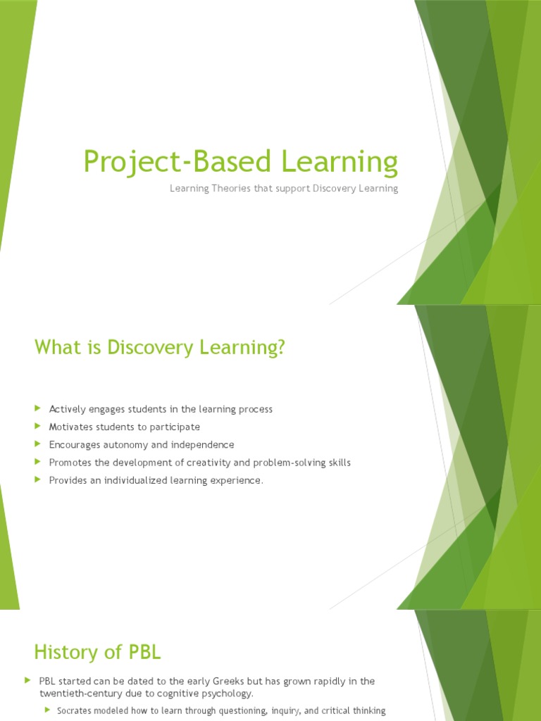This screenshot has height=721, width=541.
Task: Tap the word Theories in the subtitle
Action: click(228, 189)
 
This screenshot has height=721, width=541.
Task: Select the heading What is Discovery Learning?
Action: click(161, 348)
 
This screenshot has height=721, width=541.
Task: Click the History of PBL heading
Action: click(98, 652)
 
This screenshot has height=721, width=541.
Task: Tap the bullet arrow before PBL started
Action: click(27, 680)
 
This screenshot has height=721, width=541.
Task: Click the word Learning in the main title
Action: click(341, 162)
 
